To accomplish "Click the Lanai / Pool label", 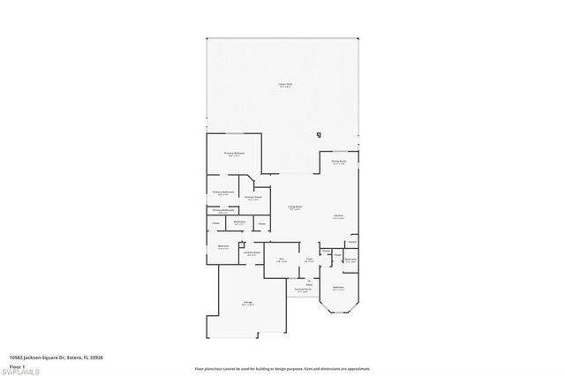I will click(x=284, y=85).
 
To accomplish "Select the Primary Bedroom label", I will click(x=234, y=154).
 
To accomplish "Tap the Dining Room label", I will click(x=339, y=162).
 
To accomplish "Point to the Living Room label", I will click(x=296, y=207).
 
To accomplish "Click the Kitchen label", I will click(x=338, y=216).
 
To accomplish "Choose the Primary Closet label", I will click(x=253, y=198).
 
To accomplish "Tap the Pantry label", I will click(x=351, y=241).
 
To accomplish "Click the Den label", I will click(x=281, y=259).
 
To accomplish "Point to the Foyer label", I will click(x=310, y=259).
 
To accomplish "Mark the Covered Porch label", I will click(x=304, y=290).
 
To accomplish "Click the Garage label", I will click(x=249, y=303).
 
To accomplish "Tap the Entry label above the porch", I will click(x=310, y=282).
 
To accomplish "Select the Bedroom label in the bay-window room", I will click(x=338, y=288).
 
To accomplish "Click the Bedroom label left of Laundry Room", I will click(x=223, y=247).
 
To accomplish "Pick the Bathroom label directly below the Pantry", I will click(x=350, y=259).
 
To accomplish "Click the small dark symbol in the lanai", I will click(x=319, y=135).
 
